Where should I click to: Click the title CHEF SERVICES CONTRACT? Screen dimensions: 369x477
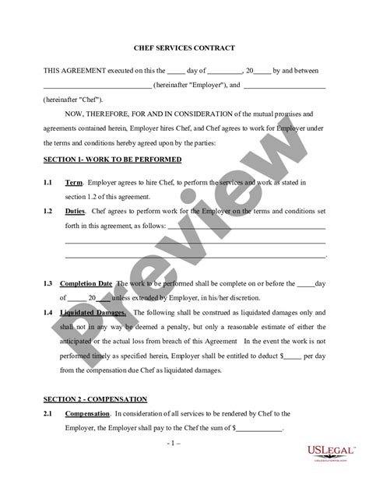[x=184, y=47]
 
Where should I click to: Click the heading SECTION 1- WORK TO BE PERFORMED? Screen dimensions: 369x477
[x=112, y=160]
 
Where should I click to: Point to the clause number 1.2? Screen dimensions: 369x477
[x=47, y=211]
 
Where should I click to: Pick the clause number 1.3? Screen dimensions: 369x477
[x=47, y=283]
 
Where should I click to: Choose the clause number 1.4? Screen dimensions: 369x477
[x=47, y=312]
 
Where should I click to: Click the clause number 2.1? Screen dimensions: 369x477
[x=47, y=413]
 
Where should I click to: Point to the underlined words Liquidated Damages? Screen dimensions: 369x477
[x=97, y=312]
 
